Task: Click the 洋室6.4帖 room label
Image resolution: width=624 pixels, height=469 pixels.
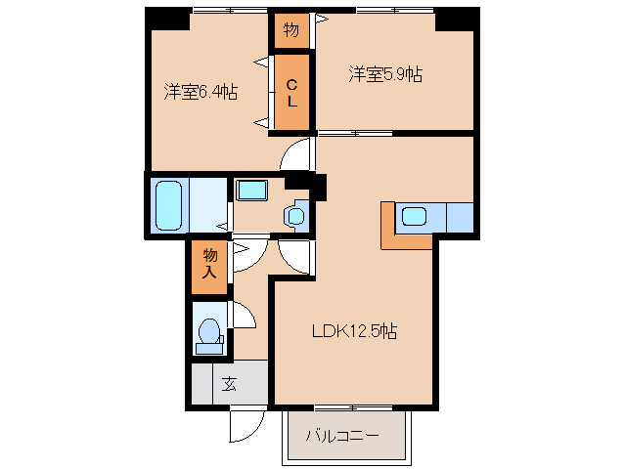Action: pos(201,92)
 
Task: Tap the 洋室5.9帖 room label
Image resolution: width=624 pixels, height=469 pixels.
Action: pos(385,73)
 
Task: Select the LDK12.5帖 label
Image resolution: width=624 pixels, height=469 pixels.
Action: pos(354,330)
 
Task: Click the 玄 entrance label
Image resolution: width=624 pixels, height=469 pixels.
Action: pos(229,383)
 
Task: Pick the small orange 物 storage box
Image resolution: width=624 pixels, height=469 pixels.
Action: pos(291,29)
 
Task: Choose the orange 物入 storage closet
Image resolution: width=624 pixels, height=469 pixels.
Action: pos(209,265)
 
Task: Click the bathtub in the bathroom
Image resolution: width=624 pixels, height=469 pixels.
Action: pos(170,203)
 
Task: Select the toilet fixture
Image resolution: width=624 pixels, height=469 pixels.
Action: pos(207,332)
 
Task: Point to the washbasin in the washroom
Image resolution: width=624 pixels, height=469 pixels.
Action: pos(251,190)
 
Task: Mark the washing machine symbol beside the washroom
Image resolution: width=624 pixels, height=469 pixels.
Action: pos(296,214)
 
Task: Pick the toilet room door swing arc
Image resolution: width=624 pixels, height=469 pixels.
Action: pos(242,315)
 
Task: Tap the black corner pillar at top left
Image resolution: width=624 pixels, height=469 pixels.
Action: pos(167,17)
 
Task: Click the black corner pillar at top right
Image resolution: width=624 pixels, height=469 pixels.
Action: pos(458,17)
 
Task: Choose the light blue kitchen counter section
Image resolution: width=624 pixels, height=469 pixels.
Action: pos(459,216)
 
